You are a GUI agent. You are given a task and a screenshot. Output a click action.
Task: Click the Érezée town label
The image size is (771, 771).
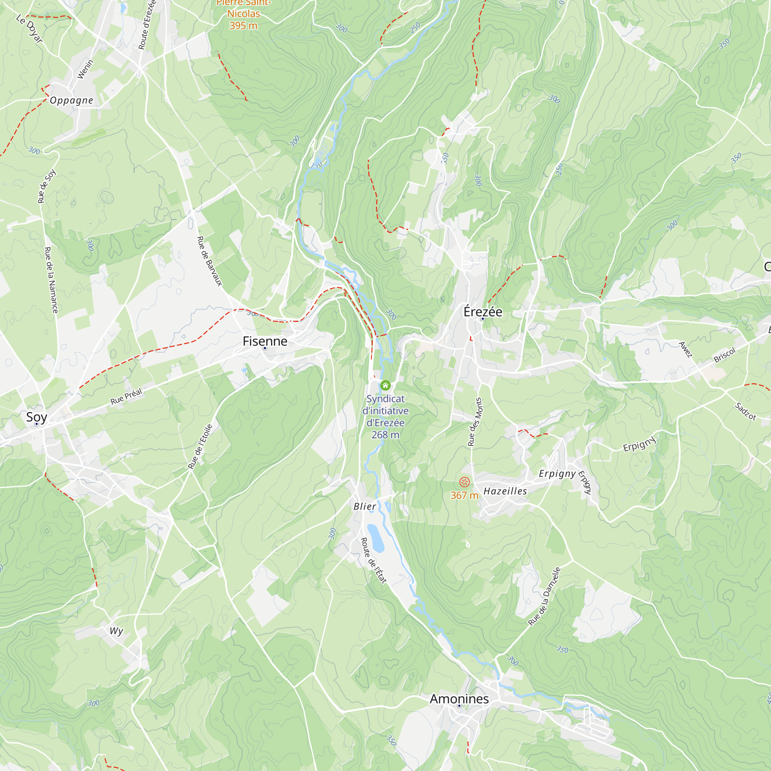pyautogui.click(x=483, y=311)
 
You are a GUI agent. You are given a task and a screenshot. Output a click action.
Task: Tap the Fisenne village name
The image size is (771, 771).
pyautogui.click(x=264, y=341)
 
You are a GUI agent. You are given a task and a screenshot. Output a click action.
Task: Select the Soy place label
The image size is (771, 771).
pyautogui.click(x=36, y=417)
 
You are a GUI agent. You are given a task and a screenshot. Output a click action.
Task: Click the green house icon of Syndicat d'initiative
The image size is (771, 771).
pyautogui.click(x=385, y=385)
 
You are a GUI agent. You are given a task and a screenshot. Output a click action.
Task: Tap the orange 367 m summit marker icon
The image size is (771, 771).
pyautogui.click(x=464, y=482)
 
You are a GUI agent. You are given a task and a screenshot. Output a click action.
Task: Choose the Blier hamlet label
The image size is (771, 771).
pyautogui.click(x=365, y=507)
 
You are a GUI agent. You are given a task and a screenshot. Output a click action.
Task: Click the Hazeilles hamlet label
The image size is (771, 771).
pyautogui.click(x=505, y=491)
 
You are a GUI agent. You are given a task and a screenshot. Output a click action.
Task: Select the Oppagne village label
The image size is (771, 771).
pyautogui.click(x=71, y=100)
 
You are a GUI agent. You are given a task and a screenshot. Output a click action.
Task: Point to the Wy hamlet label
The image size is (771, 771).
pyautogui.click(x=116, y=631)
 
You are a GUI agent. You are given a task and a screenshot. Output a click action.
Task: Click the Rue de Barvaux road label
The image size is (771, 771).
pyautogui.click(x=209, y=261)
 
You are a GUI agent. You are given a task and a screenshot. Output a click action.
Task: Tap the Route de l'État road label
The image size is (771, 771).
pyautogui.click(x=374, y=561)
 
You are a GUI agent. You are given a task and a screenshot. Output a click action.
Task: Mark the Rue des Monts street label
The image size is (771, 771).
pyautogui.click(x=475, y=421)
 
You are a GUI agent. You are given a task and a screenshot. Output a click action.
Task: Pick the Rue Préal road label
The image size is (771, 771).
pyautogui.click(x=126, y=396)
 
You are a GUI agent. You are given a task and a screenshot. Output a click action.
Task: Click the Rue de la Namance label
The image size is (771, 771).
pyautogui.click(x=51, y=280)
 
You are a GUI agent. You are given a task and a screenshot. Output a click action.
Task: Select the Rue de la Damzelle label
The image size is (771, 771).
pyautogui.click(x=544, y=596)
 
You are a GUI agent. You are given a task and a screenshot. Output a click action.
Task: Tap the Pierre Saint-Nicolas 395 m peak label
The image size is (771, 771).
pyautogui.click(x=243, y=14)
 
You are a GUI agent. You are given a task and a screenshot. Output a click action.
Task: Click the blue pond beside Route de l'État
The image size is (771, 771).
pyautogui.click(x=375, y=537)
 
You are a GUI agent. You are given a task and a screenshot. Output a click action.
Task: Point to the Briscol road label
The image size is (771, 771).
pyautogui.click(x=724, y=355)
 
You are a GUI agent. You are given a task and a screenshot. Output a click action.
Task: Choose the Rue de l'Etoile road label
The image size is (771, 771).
pyautogui.click(x=200, y=446)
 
